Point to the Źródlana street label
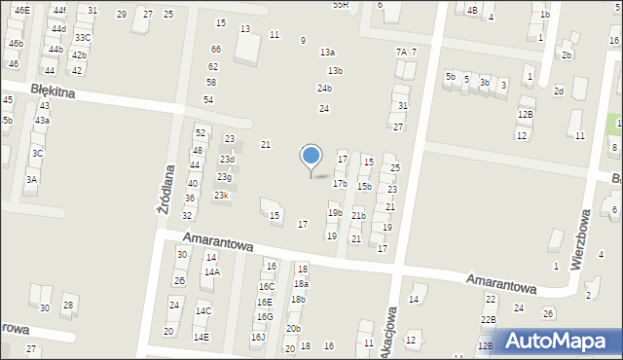point(165,189)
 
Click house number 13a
point(327,53)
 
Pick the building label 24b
point(324,89)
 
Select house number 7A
point(400,52)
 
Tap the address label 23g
point(224,177)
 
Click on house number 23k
point(222,196)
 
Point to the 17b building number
point(340,183)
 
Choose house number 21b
point(358,216)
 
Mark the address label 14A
point(211,272)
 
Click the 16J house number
point(258,338)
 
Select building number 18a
point(301,284)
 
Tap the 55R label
point(340,5)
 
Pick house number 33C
point(83,38)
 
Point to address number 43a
point(42,120)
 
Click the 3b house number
point(485,83)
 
